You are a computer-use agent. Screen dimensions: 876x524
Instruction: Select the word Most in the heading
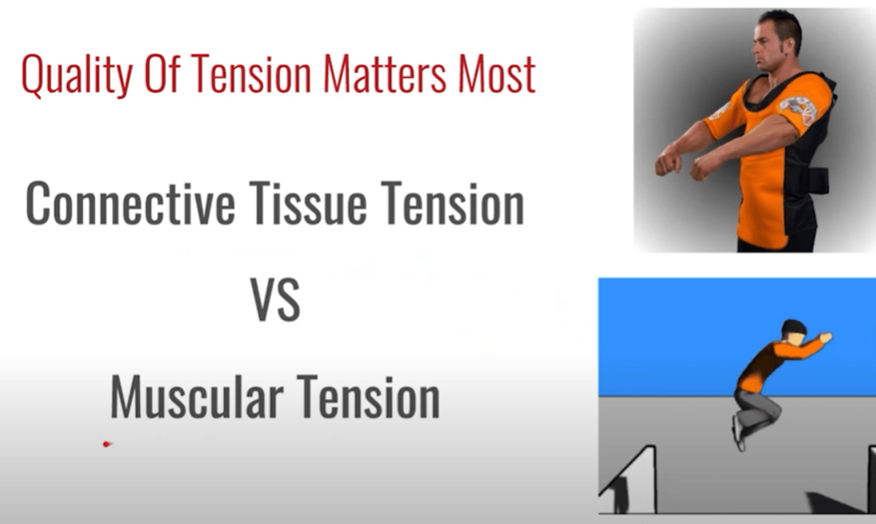point(496,74)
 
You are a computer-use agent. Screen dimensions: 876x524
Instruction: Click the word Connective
point(130,203)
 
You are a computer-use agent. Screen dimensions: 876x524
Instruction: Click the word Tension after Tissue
point(453,203)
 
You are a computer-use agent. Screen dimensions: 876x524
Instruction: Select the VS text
point(275,300)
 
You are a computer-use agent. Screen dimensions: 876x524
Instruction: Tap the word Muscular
point(197,396)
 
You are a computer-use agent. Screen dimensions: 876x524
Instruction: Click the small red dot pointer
point(107,444)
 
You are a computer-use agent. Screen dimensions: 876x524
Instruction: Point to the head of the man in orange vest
point(776,39)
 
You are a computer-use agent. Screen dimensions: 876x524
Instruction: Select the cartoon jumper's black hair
point(794,327)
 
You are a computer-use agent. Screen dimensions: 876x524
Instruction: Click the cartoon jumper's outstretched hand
point(825,337)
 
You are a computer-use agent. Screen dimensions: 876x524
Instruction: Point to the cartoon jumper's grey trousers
point(757,410)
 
